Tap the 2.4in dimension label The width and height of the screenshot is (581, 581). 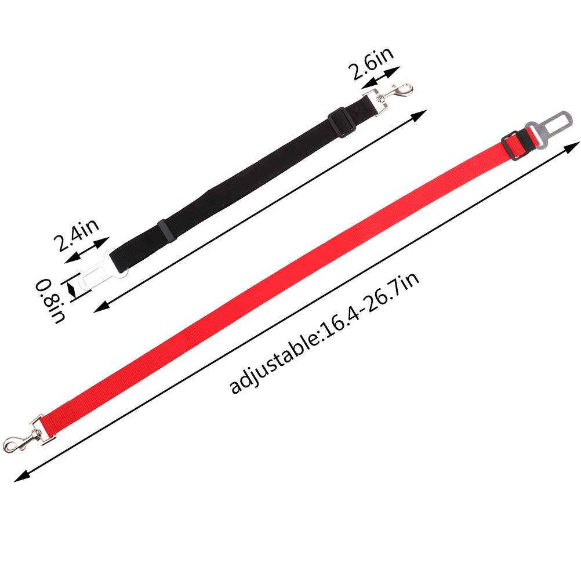click(77, 235)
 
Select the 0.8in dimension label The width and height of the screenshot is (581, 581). click(50, 301)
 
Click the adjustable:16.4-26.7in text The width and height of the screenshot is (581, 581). click(325, 333)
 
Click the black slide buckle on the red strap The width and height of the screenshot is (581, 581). click(514, 146)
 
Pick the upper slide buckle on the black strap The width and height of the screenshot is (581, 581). click(342, 122)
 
